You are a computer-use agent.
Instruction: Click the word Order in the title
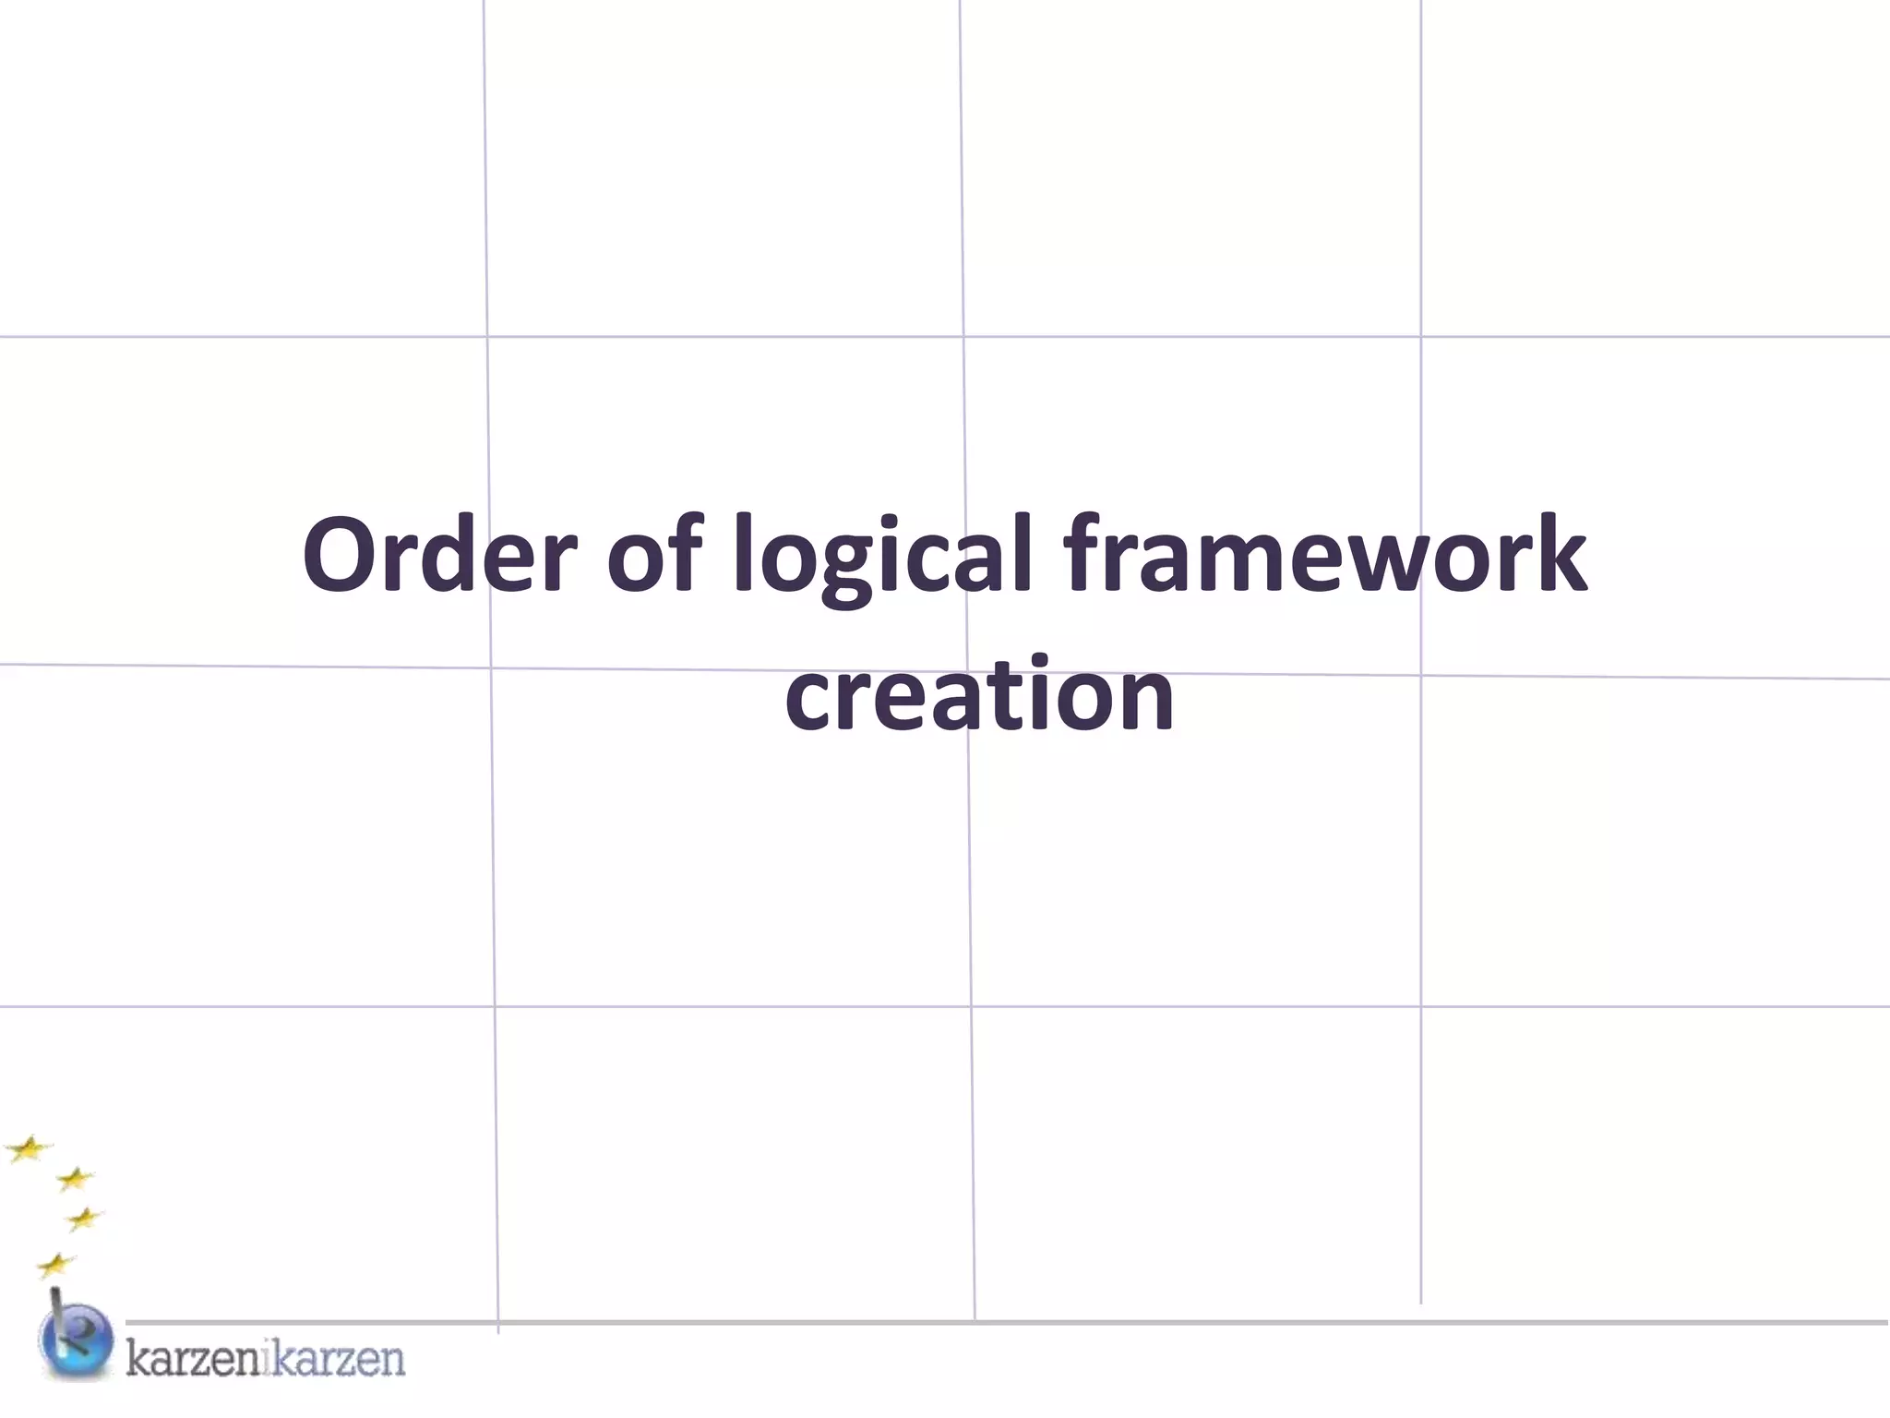tap(439, 556)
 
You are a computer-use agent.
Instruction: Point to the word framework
tap(1323, 556)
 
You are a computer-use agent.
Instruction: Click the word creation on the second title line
tap(979, 694)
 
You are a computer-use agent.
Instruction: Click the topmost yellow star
tap(29, 1148)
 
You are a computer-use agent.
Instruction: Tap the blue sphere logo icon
tap(77, 1341)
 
